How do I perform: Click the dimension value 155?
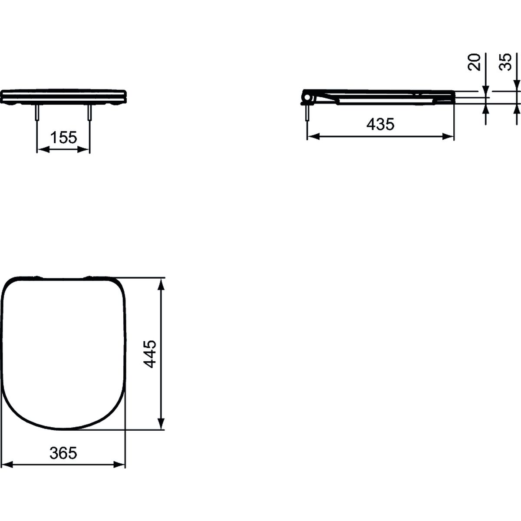tap(64, 138)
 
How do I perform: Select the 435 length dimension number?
tap(381, 124)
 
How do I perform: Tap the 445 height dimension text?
tap(150, 354)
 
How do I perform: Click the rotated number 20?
tap(474, 62)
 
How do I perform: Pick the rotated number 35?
tap(505, 62)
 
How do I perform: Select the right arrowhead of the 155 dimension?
tap(83, 149)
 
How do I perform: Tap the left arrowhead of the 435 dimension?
tap(314, 137)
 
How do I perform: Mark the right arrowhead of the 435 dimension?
tap(448, 137)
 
